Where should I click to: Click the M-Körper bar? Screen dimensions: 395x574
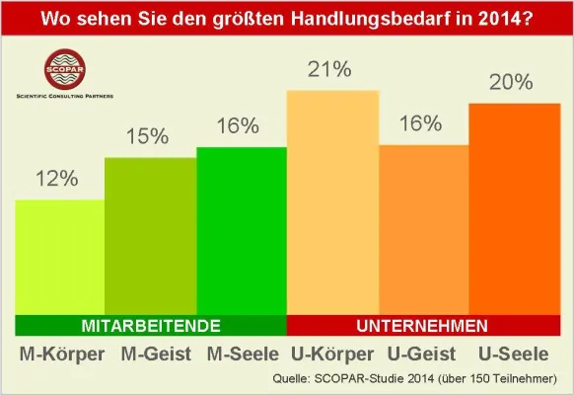point(60,257)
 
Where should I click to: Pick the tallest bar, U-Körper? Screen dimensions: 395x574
point(332,201)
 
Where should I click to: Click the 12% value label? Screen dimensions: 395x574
point(58,179)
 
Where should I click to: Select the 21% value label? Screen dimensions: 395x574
point(331,69)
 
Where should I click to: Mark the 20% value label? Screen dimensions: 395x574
point(513,82)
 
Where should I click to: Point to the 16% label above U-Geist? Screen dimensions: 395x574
point(422,124)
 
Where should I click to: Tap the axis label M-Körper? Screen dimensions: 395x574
point(60,354)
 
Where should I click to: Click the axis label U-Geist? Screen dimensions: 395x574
point(423,354)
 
